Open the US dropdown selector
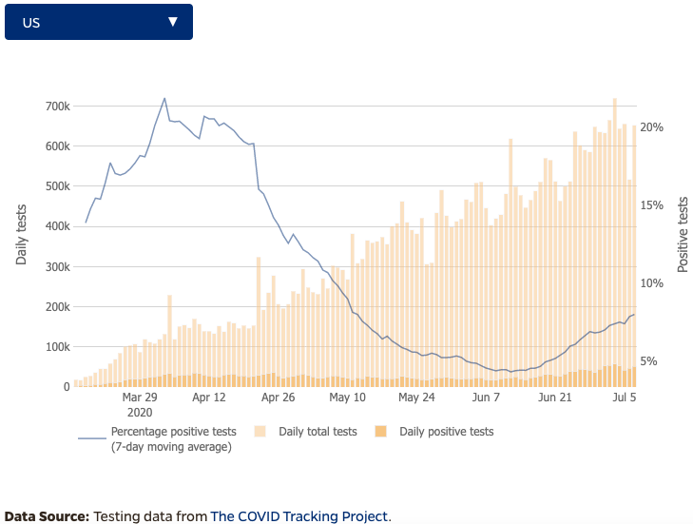pyautogui.click(x=99, y=22)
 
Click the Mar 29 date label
pyautogui.click(x=140, y=398)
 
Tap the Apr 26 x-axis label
pyautogui.click(x=279, y=398)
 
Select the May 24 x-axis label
pyautogui.click(x=415, y=398)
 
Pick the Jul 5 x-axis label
pyautogui.click(x=625, y=398)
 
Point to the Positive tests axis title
pyautogui.click(x=683, y=234)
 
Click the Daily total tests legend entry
pyautogui.click(x=318, y=432)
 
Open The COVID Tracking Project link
pyautogui.click(x=298, y=516)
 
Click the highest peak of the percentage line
pyautogui.click(x=164, y=98)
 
